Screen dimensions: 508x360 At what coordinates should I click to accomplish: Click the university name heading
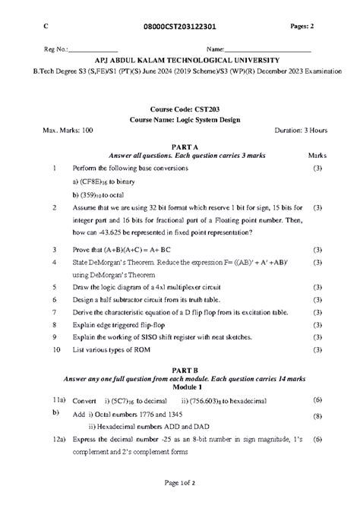pos(186,59)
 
